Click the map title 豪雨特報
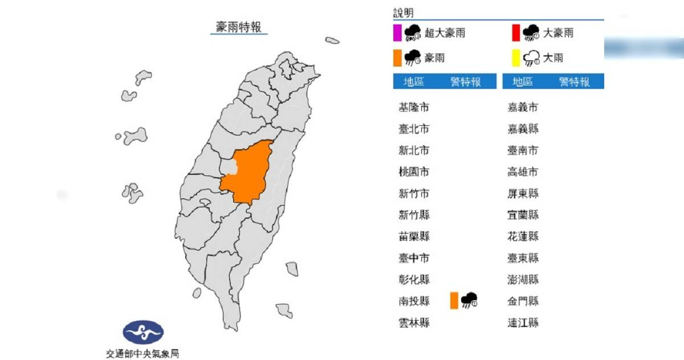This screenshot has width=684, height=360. point(239,27)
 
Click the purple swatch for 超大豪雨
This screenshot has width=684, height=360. point(397,33)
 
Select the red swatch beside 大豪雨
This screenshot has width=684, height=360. point(515,33)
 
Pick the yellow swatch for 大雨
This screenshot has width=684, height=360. point(515,58)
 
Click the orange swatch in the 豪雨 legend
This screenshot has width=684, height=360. point(397,58)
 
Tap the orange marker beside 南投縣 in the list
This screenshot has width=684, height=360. point(454,300)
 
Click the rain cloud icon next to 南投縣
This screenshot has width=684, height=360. point(469,300)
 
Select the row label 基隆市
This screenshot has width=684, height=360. point(414,107)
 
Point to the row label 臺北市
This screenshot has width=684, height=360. point(414,129)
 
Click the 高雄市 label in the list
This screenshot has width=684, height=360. point(523,172)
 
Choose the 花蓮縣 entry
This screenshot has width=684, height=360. point(523,236)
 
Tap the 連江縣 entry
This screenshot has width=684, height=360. point(523,323)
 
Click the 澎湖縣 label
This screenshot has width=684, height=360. point(523,280)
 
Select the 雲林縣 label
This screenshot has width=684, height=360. point(414,323)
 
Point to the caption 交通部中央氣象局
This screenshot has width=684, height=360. point(143,353)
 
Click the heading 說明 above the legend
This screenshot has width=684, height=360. point(403,13)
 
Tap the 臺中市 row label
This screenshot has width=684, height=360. point(414,258)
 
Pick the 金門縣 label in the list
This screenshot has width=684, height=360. point(523,301)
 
